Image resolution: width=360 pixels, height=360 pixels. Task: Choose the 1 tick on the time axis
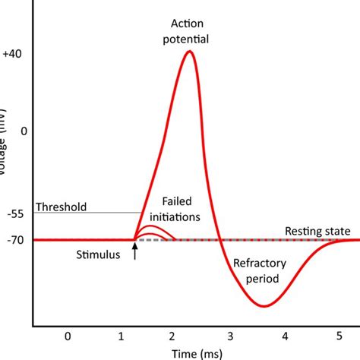122,335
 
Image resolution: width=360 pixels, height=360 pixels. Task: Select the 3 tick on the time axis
230,335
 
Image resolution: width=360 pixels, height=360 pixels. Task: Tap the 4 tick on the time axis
284,335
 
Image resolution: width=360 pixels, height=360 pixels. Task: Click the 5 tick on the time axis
338,335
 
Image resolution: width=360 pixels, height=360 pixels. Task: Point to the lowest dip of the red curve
264,305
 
